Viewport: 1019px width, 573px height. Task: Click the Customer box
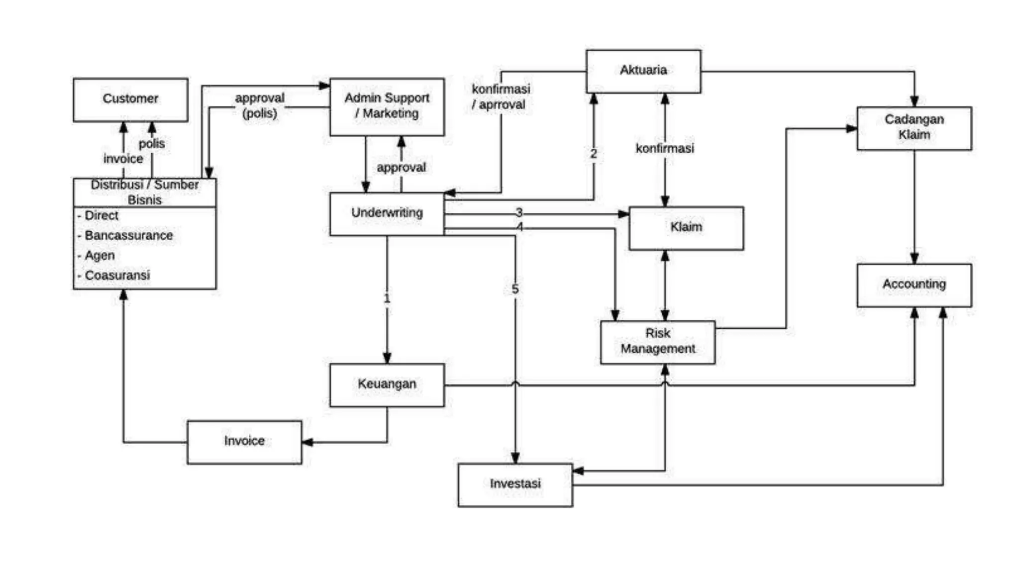point(130,99)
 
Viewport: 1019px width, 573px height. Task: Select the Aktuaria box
point(643,71)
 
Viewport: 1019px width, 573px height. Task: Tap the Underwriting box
point(387,213)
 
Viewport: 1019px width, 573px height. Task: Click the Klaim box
point(686,227)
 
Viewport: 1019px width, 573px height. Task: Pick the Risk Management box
point(657,342)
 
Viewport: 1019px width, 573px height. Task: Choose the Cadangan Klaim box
point(914,128)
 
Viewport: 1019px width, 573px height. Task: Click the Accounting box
point(914,285)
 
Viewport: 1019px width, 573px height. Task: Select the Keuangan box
point(387,384)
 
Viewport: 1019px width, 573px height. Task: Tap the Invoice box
point(244,442)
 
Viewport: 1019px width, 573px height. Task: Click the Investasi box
point(515,484)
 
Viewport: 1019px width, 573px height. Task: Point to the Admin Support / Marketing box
point(387,106)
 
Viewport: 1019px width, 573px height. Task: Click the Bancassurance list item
point(128,235)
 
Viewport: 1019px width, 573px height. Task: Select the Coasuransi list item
point(117,275)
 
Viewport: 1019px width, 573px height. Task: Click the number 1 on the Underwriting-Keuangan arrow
point(387,298)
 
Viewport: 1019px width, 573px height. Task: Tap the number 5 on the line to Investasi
point(515,289)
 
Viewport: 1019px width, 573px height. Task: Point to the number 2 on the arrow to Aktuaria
point(593,154)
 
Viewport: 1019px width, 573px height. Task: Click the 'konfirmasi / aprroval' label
point(501,97)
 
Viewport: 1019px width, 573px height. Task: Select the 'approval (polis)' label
point(260,105)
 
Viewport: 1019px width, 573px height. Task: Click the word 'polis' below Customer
point(152,144)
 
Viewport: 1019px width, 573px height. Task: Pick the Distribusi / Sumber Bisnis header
point(144,192)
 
